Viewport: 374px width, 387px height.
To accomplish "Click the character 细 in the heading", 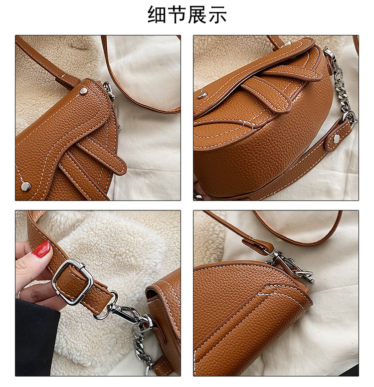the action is point(157,14).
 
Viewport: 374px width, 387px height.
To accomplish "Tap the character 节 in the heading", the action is point(177,14).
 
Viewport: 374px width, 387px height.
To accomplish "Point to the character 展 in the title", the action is point(197,14).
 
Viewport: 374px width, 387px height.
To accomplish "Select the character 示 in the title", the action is point(217,14).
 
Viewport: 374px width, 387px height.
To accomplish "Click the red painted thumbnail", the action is point(41,249).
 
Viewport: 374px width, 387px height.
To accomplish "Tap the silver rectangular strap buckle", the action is point(73,282).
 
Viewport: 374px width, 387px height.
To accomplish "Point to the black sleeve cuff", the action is point(36,338).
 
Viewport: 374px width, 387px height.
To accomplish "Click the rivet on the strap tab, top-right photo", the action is point(336,138).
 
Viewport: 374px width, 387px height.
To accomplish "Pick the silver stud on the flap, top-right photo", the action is point(202,95).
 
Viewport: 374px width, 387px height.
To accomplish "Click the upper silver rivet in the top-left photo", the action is point(83,91).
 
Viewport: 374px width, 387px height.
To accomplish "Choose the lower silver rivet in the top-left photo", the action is point(25,187).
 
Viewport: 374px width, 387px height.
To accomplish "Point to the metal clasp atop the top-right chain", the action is point(331,58).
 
